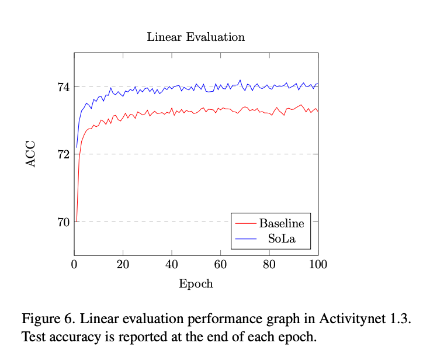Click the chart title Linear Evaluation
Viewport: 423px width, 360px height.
click(x=196, y=37)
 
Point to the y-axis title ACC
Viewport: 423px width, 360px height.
click(x=32, y=154)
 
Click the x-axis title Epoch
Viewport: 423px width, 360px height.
click(x=196, y=285)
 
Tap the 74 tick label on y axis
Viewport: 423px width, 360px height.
click(x=63, y=87)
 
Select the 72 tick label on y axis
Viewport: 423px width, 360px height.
click(x=63, y=154)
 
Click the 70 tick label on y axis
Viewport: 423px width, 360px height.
click(x=63, y=222)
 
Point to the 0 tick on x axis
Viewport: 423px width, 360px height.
click(x=74, y=264)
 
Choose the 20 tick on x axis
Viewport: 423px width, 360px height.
click(x=123, y=264)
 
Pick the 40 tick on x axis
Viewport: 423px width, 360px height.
click(x=172, y=264)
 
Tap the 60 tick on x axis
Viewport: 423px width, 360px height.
click(x=220, y=264)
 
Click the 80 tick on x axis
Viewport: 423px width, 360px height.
click(x=269, y=264)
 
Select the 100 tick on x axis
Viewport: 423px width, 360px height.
click(x=318, y=264)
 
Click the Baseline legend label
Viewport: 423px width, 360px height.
click(x=282, y=224)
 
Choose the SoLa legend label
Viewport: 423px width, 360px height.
click(x=282, y=238)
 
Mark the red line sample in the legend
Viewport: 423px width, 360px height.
click(x=245, y=224)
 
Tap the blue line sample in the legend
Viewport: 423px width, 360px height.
click(x=245, y=238)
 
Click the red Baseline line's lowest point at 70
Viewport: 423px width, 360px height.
click(x=77, y=221)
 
